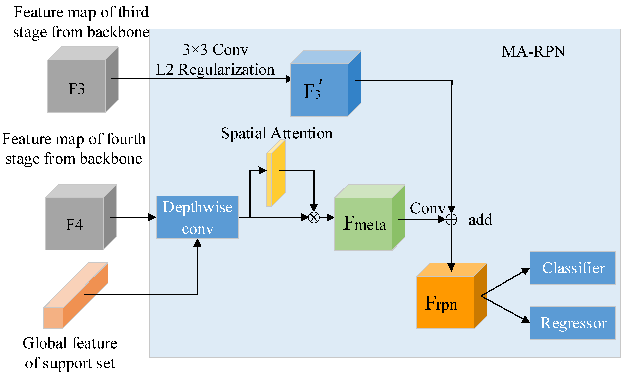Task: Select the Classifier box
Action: [573, 268]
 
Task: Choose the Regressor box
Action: [573, 323]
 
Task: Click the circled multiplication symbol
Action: [314, 217]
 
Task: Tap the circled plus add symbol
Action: [451, 220]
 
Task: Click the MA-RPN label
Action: [534, 51]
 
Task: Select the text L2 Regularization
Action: [215, 69]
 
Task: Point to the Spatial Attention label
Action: [277, 133]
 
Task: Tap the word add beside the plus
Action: [480, 220]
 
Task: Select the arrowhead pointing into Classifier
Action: [526, 271]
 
